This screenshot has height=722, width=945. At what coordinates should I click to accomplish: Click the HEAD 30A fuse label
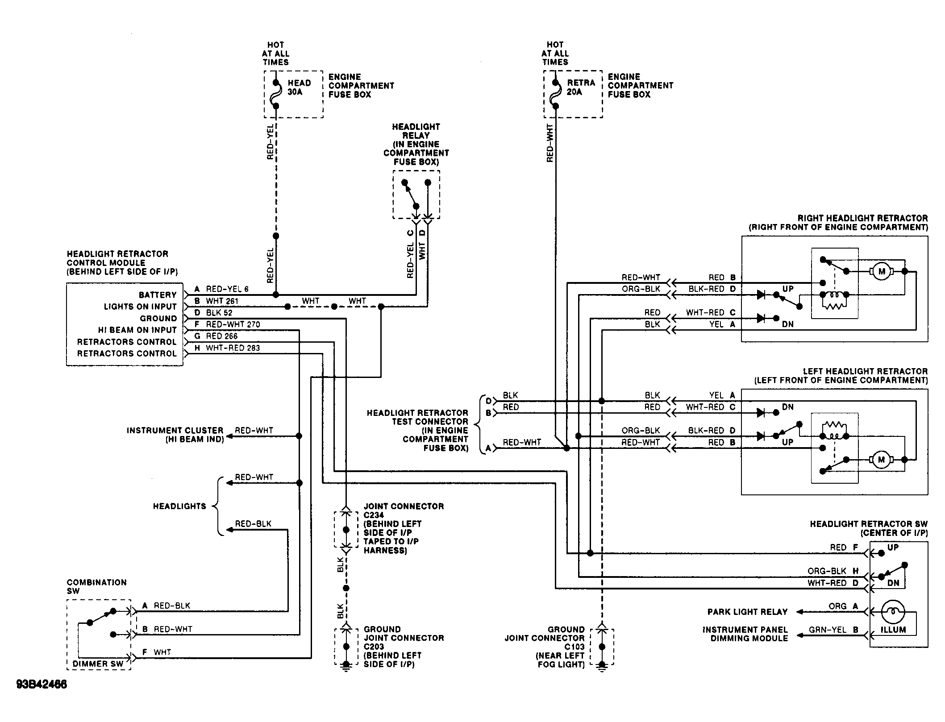(299, 87)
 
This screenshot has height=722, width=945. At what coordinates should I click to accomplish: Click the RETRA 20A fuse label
(581, 87)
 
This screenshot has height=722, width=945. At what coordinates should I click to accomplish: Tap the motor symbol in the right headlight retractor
(881, 271)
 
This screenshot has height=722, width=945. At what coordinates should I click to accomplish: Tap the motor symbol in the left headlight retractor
(881, 460)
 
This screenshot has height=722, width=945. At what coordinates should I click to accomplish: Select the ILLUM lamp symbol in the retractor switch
(893, 612)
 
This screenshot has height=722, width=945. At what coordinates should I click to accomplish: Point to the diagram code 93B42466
(42, 685)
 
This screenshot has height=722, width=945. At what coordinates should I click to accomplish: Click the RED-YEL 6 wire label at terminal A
(227, 289)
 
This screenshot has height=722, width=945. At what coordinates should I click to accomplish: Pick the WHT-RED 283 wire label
(233, 348)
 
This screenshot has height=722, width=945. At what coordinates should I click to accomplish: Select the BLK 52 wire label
(219, 313)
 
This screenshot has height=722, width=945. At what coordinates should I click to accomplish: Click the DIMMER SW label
(98, 664)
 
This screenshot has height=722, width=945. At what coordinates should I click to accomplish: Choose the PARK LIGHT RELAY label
(747, 612)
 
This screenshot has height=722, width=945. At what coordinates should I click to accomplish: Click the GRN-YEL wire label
(827, 630)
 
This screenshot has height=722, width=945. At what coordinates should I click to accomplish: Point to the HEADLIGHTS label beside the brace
(179, 506)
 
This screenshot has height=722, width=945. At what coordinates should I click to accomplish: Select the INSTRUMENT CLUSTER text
(175, 431)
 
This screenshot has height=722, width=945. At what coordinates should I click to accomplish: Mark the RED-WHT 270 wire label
(233, 324)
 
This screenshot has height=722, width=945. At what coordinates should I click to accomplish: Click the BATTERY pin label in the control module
(158, 295)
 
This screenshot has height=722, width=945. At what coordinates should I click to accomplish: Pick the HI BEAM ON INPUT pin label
(137, 330)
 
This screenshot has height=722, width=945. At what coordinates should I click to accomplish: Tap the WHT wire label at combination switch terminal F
(162, 652)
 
